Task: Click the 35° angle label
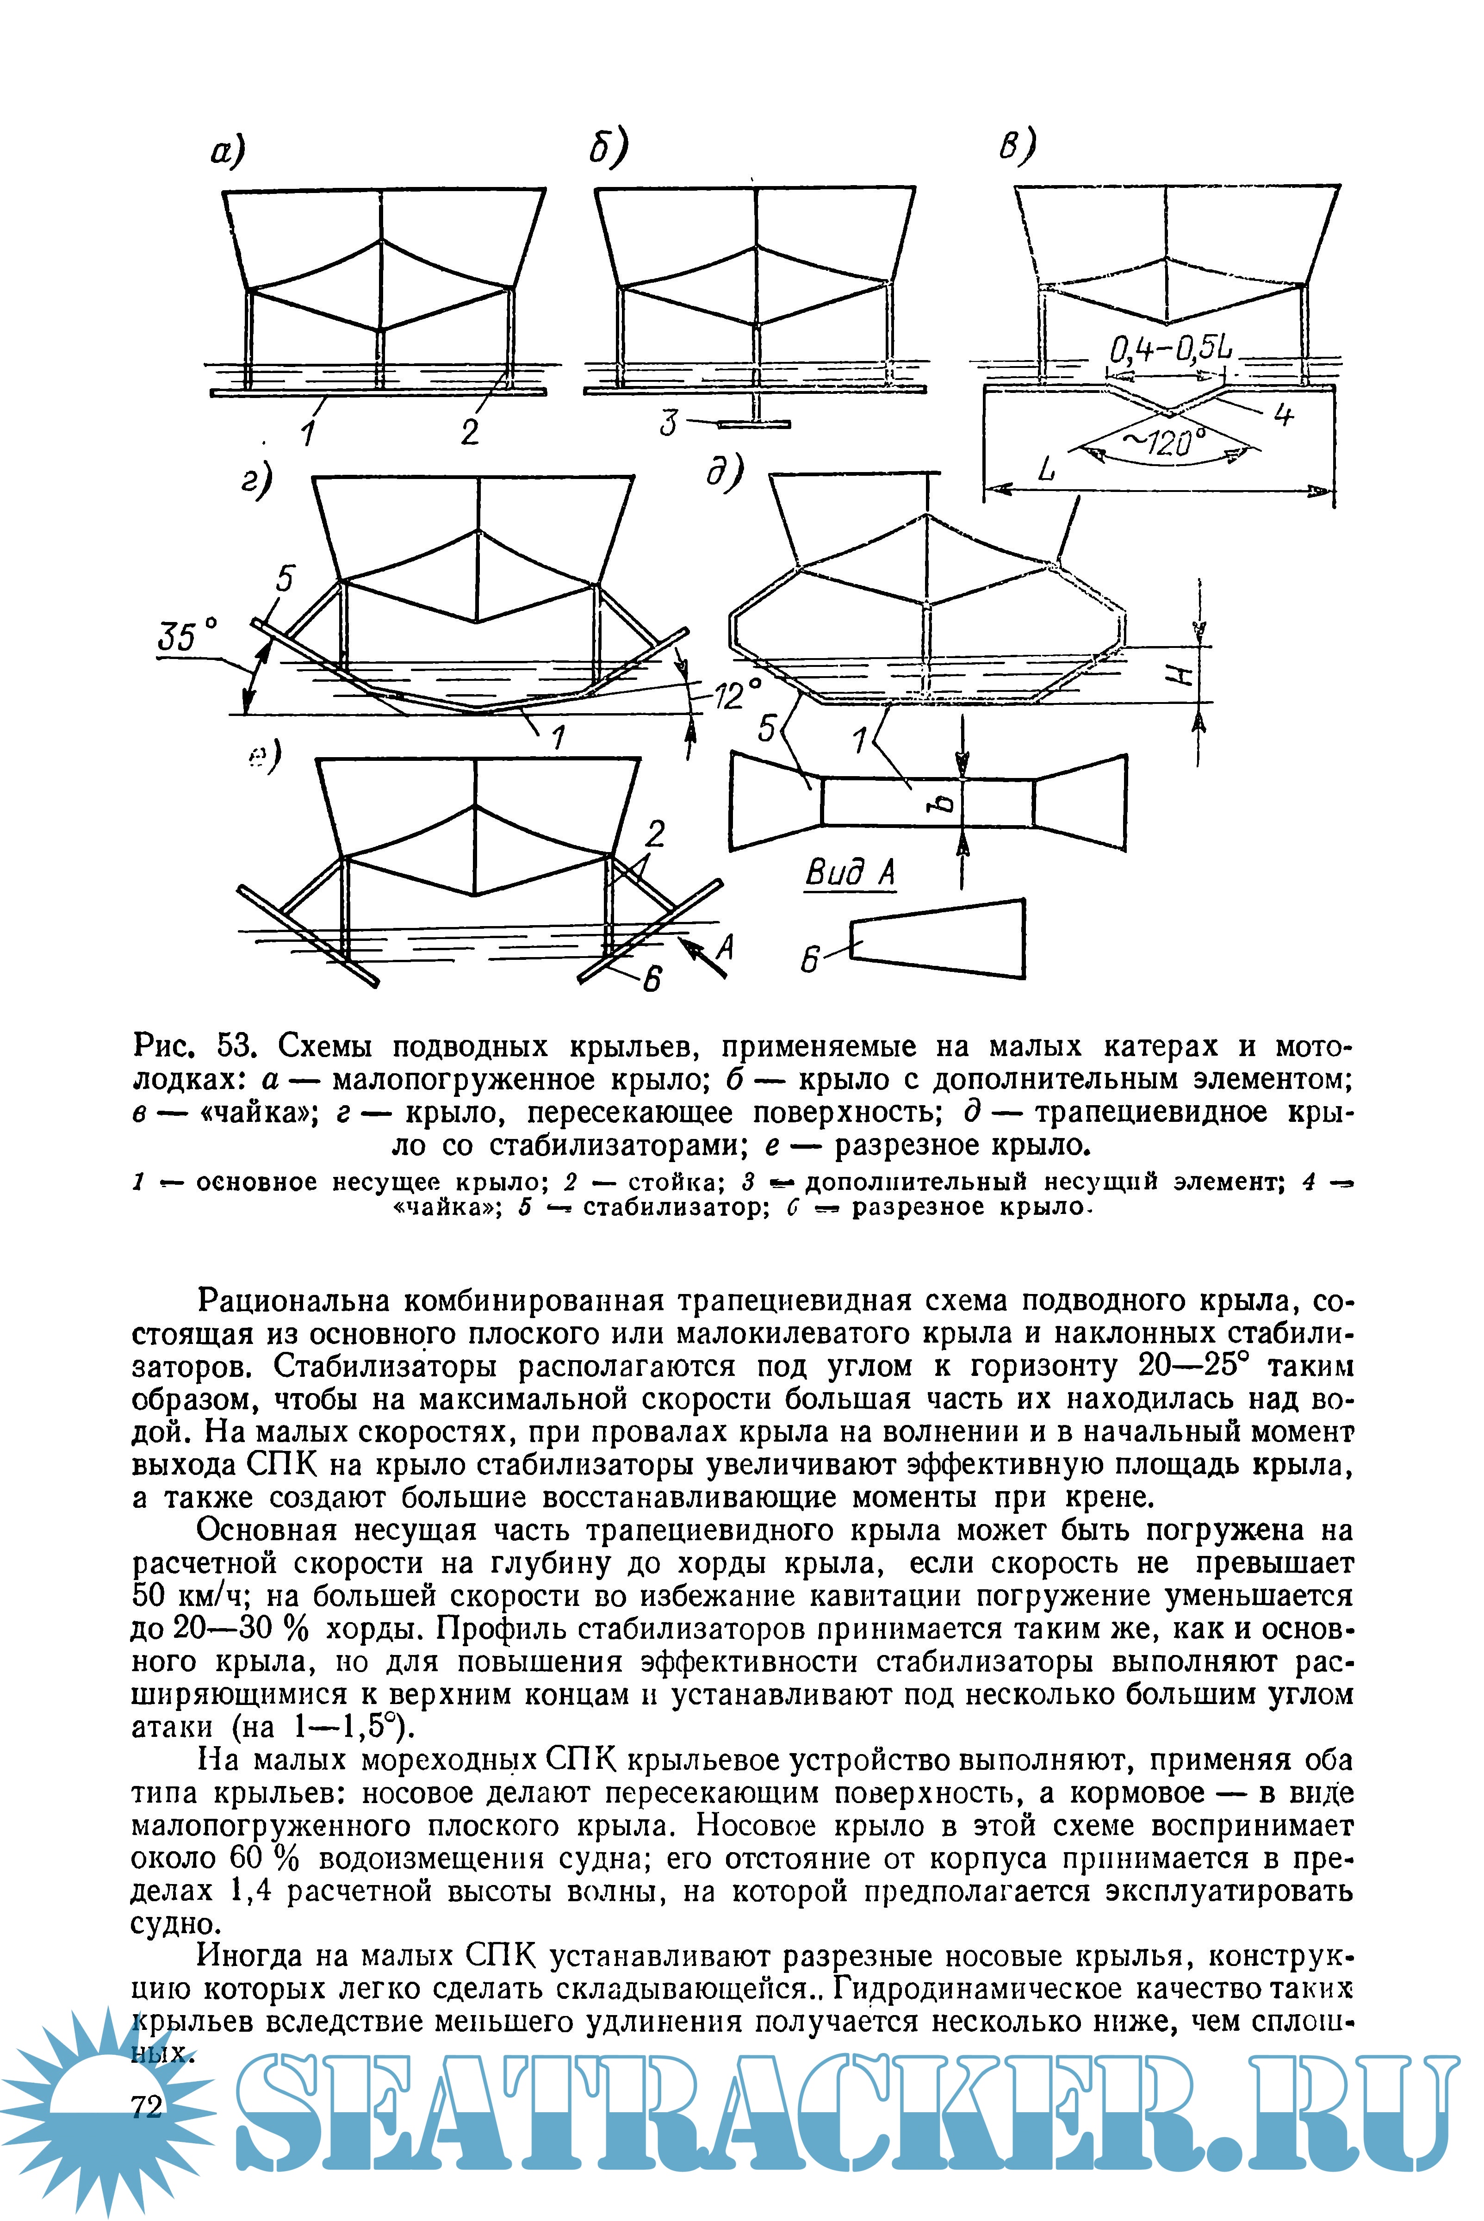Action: pos(187,636)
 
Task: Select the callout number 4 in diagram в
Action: pos(1282,415)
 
